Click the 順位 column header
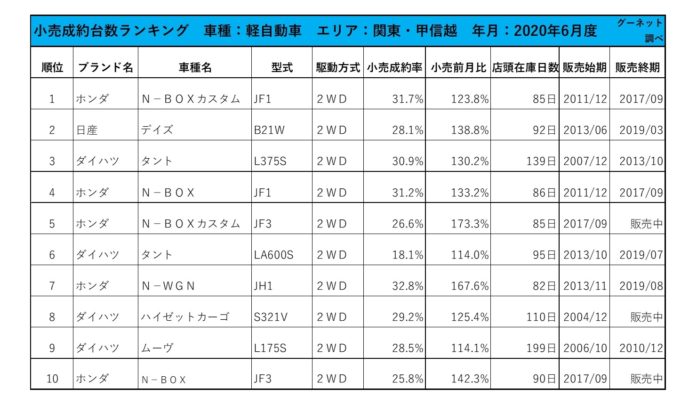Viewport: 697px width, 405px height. point(52,68)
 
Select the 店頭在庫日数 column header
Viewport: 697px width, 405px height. point(525,68)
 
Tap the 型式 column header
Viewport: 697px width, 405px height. point(282,68)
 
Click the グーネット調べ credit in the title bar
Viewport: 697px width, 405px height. point(640,30)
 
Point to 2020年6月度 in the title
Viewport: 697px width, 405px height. point(555,31)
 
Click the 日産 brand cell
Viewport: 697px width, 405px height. point(87,130)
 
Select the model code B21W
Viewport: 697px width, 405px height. point(269,130)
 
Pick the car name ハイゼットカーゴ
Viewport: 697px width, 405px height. point(185,317)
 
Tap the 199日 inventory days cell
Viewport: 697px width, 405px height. point(541,348)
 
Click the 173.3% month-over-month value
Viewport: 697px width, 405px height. point(470,224)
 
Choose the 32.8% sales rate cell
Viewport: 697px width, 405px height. point(408,286)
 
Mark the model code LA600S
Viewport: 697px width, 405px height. point(273,255)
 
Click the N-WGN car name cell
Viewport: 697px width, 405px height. point(168,286)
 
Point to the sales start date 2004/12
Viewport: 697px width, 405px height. point(585,317)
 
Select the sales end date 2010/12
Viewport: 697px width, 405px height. point(641,348)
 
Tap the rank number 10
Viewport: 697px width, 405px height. point(52,379)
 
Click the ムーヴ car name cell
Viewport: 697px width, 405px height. point(158,348)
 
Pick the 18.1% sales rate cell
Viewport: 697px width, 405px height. point(408,255)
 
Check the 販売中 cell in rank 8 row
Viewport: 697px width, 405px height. point(646,317)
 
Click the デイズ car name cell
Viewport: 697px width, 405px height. point(157,130)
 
